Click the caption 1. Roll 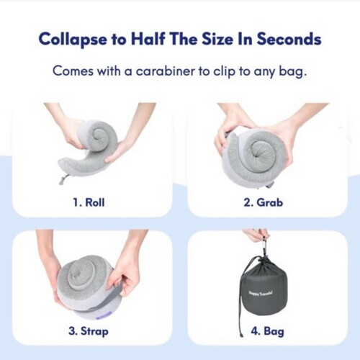pyautogui.click(x=89, y=202)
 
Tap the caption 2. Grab pyautogui.click(x=270, y=202)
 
